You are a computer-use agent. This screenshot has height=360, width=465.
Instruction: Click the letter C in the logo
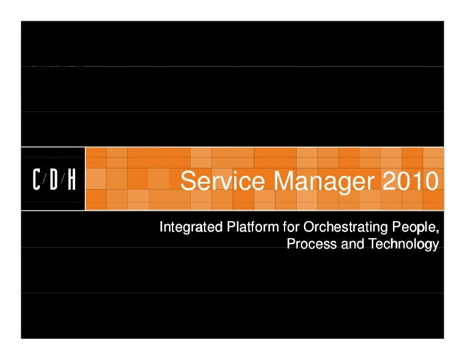tap(36, 180)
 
